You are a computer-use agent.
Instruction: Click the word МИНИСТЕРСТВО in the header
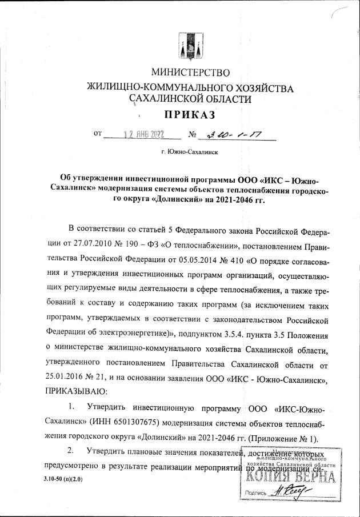(x=190, y=73)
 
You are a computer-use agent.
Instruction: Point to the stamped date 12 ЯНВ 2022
(x=137, y=136)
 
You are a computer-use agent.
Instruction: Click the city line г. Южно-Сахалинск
(x=190, y=153)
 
